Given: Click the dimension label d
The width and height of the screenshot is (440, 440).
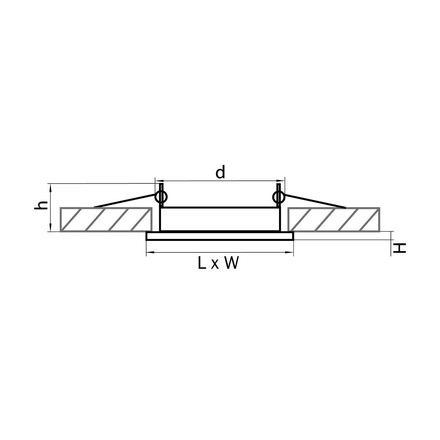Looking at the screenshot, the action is (x=220, y=172).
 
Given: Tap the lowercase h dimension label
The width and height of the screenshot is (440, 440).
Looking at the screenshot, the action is (x=41, y=205).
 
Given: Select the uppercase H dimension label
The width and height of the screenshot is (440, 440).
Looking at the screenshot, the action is (x=400, y=248).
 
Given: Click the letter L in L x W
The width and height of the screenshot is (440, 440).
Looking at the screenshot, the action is (x=202, y=263).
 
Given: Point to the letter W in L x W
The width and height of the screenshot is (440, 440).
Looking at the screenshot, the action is (x=231, y=263).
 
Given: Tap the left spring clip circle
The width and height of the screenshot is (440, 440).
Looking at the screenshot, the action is (x=161, y=197).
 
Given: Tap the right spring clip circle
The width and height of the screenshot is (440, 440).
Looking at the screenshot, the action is (x=279, y=197).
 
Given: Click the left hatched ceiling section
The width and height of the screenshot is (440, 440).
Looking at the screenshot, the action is (x=106, y=219).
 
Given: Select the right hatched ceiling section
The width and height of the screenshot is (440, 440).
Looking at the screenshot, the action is (x=334, y=219).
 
